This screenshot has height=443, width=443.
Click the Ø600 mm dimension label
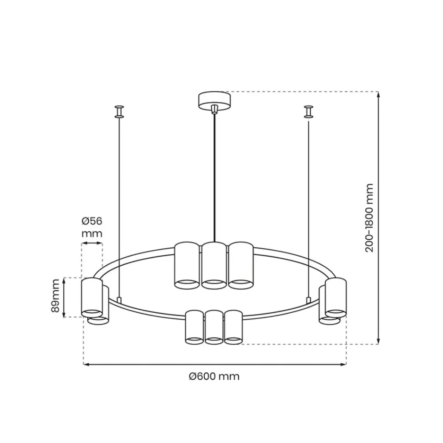[x=214, y=376]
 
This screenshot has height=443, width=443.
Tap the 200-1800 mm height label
[x=369, y=218]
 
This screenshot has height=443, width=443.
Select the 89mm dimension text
[x=55, y=295]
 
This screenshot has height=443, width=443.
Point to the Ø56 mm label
[x=92, y=227]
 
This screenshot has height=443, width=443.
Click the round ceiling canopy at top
[x=215, y=101]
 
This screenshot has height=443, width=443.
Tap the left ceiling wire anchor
[x=119, y=112]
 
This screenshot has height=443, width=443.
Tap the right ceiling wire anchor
[x=308, y=112]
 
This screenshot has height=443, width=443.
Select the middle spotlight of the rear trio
[x=214, y=265]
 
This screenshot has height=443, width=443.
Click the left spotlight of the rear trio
[x=187, y=265]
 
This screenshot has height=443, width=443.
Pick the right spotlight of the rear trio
[x=241, y=265]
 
